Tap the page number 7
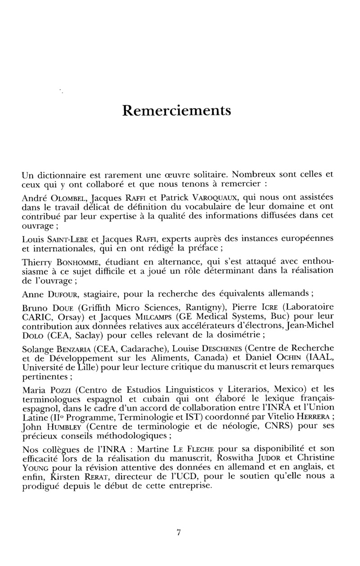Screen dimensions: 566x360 pos(179,532)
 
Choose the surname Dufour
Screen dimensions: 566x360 pos(62,295)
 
